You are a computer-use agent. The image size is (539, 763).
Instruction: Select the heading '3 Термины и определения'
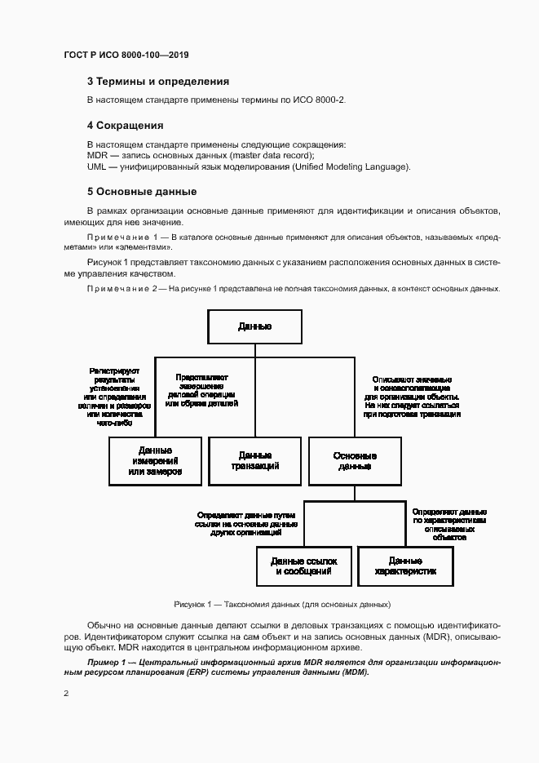point(157,82)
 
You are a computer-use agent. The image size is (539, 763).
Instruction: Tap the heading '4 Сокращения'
point(125,126)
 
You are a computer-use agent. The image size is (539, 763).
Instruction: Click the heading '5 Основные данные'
point(141,192)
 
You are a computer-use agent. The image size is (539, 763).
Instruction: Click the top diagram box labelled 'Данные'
point(254,326)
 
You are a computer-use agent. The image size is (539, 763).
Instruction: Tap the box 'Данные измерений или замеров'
point(155,461)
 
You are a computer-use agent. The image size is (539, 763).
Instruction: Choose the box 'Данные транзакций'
point(254,461)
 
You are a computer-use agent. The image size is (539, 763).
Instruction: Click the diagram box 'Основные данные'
point(355,461)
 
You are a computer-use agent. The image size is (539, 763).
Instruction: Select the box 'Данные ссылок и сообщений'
point(303,566)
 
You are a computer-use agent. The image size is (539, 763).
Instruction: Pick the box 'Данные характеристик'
point(404,566)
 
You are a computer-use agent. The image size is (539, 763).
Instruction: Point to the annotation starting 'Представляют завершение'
point(201,391)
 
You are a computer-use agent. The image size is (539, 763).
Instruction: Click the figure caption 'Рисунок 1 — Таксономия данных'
point(282,605)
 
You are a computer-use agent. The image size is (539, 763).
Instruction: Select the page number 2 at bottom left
point(66,694)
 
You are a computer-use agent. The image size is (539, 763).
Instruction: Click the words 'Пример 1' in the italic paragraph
point(107,661)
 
